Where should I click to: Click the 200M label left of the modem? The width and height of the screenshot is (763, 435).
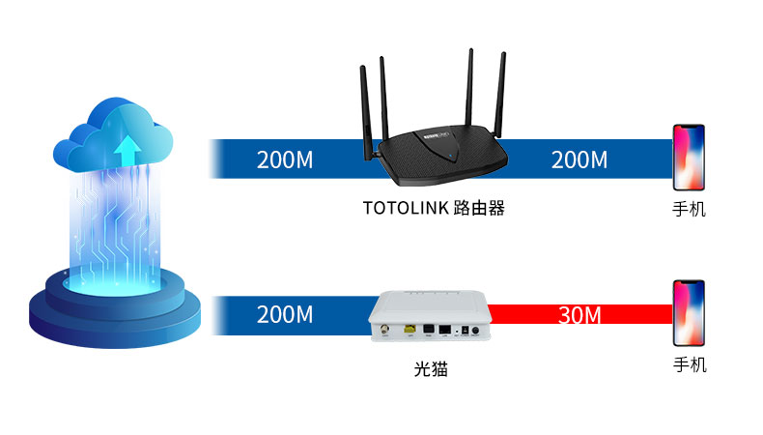point(285,314)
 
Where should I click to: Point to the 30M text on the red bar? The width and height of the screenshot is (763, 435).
point(580,314)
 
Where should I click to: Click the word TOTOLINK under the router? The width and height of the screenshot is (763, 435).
point(405,208)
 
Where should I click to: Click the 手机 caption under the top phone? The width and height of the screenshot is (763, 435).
point(689,208)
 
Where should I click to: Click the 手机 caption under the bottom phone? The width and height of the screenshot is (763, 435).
point(689,364)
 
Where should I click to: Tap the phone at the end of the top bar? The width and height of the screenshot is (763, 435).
point(689,157)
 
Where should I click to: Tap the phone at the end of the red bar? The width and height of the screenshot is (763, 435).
point(689,313)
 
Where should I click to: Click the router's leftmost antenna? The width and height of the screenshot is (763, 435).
point(366,106)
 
